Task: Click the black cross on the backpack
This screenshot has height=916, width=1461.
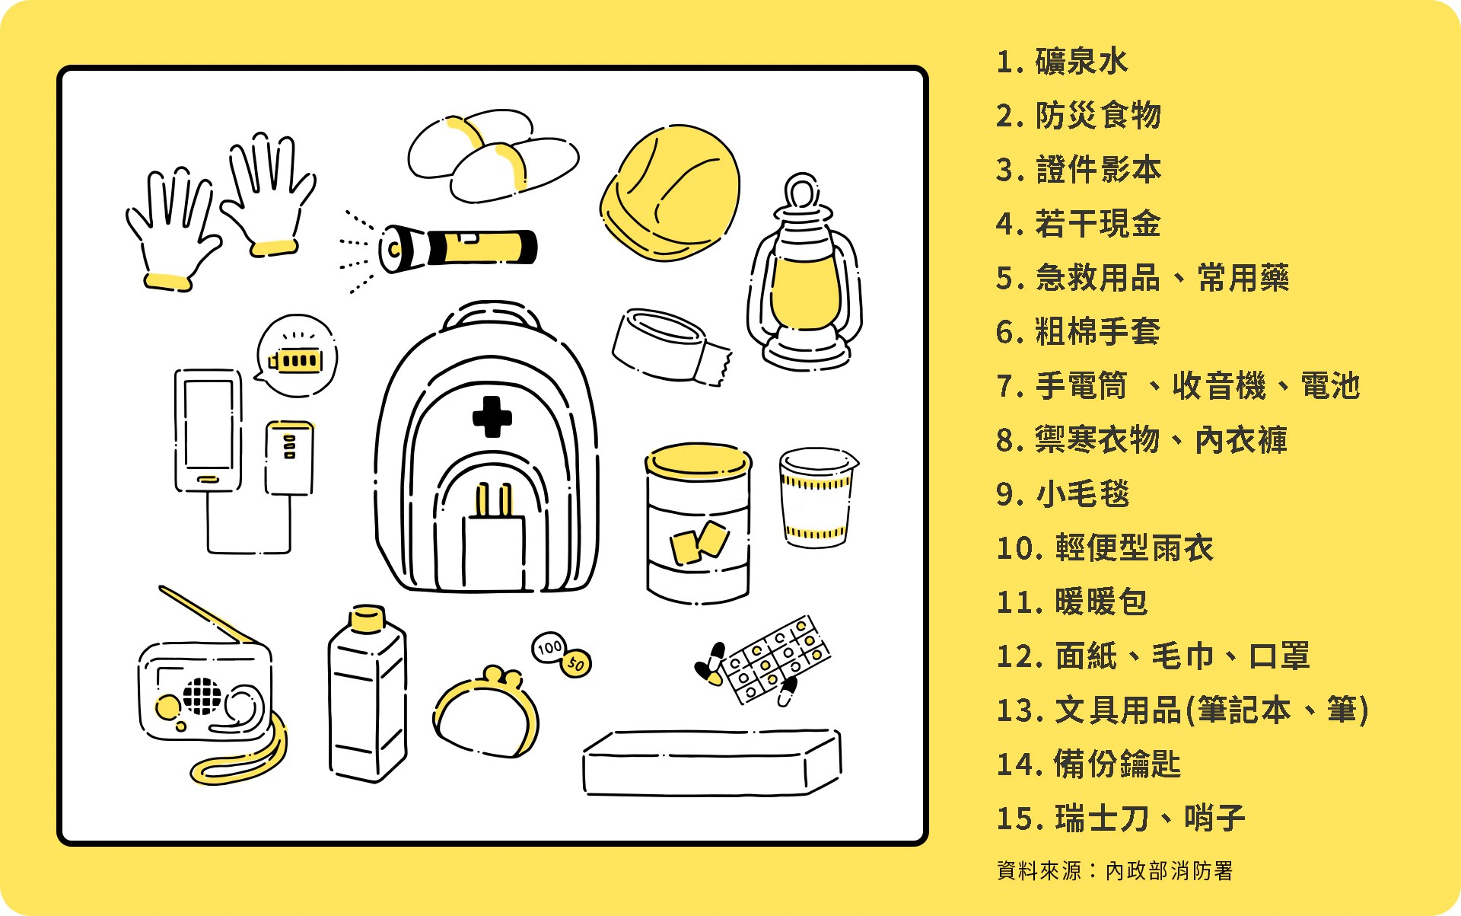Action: tap(492, 417)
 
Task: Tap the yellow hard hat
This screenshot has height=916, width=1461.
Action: tap(670, 193)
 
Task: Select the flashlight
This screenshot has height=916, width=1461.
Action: tap(458, 247)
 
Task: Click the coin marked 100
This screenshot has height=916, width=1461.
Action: tap(549, 647)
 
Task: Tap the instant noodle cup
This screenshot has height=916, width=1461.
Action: tap(817, 497)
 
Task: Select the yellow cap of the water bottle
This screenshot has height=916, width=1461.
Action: tap(368, 618)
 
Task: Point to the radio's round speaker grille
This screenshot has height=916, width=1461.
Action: tap(202, 696)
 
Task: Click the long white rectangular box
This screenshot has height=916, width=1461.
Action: tap(712, 763)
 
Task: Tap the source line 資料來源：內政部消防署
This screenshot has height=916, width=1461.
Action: tap(1115, 870)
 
